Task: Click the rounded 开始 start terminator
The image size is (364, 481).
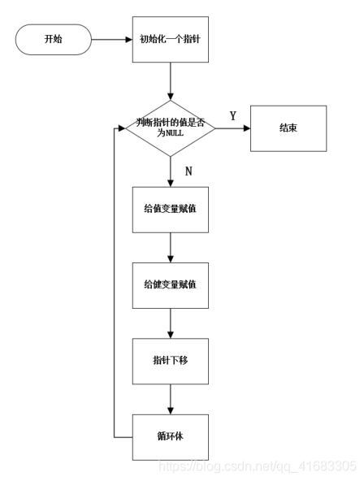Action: point(54,38)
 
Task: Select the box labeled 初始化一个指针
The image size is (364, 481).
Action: point(170,38)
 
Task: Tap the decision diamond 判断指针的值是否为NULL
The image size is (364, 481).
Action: point(170,128)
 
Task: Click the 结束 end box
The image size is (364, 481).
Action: point(288,128)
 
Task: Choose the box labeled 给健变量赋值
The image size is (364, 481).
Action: point(170,284)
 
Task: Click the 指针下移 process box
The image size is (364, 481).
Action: point(170,360)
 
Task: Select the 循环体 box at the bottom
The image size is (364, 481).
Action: point(170,436)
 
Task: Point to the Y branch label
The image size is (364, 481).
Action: point(232,116)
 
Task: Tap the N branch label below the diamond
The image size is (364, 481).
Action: point(188,171)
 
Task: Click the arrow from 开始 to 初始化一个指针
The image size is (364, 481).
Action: point(111,38)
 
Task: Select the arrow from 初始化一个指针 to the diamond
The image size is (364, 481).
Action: point(170,81)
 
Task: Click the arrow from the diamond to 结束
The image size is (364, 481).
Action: point(232,128)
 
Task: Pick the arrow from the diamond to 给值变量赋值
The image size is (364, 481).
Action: point(170,171)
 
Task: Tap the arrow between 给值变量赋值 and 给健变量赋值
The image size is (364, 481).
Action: point(170,246)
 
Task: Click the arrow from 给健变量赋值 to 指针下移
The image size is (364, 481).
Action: point(170,323)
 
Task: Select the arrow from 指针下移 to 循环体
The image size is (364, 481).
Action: point(170,398)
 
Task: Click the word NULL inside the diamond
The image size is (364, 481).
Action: point(175,133)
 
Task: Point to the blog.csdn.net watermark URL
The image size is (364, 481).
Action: point(257,466)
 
